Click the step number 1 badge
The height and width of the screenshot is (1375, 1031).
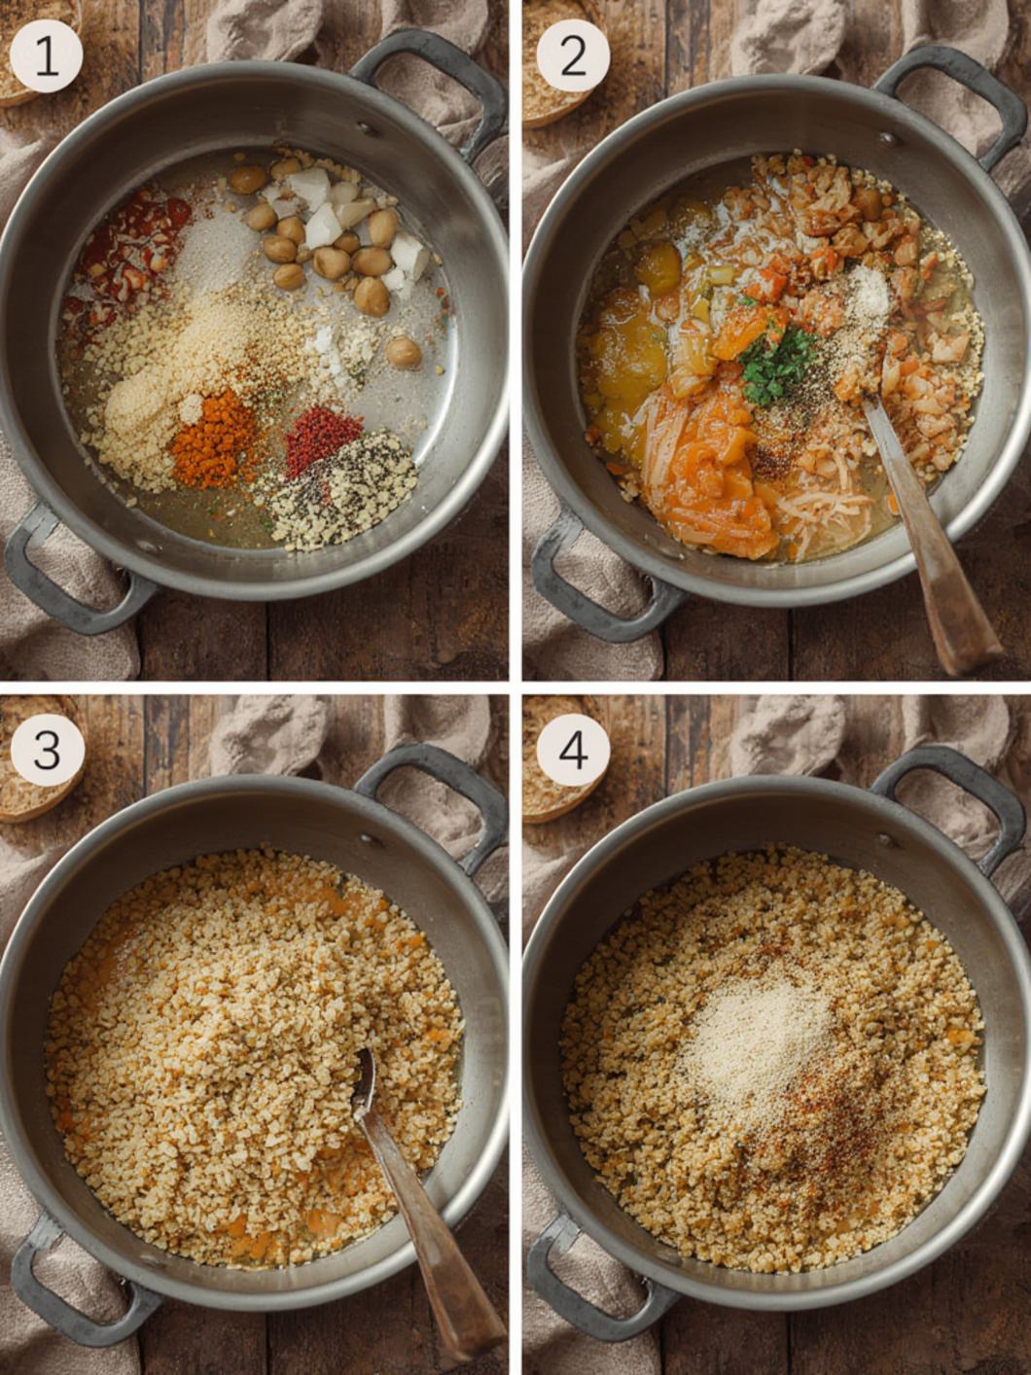(46, 56)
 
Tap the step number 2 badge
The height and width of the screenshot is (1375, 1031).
(573, 56)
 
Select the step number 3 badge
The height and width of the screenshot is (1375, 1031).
(46, 750)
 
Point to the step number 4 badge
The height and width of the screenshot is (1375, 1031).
(573, 750)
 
